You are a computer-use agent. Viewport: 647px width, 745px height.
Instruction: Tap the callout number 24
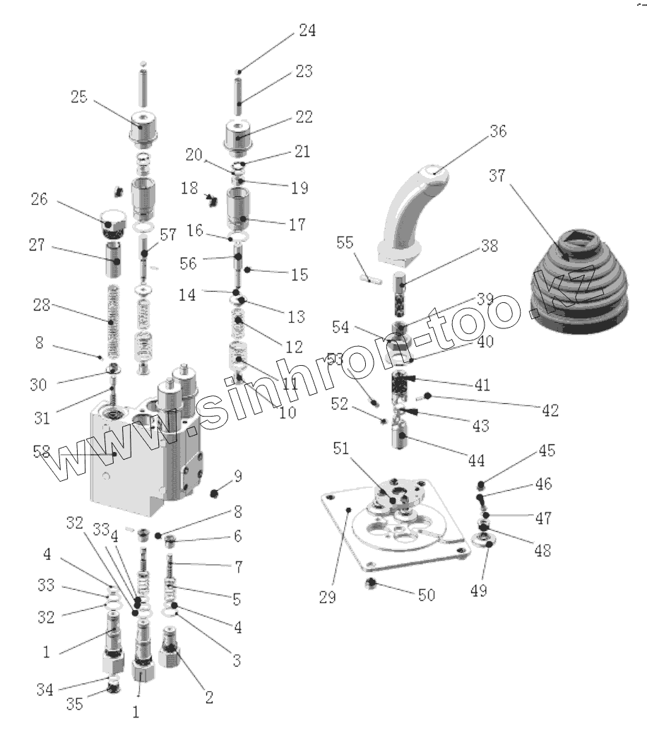pos(307,31)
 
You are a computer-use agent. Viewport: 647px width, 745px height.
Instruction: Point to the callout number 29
pos(327,597)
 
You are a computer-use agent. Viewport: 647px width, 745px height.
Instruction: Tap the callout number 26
pos(39,200)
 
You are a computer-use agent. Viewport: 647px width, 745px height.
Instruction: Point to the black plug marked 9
pos(217,491)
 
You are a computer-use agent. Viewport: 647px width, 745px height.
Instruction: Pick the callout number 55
pos(345,242)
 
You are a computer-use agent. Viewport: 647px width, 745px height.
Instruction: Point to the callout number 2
pos(208,697)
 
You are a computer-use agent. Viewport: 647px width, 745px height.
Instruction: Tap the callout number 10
pos(287,413)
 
